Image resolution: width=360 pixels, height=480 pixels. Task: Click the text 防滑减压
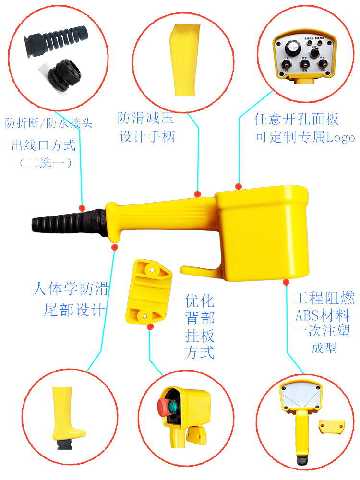click(x=145, y=118)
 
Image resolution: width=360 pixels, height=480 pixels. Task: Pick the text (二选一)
click(x=45, y=163)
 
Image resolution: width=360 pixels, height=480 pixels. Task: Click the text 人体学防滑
click(x=71, y=289)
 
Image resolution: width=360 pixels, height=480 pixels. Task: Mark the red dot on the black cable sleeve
click(x=82, y=208)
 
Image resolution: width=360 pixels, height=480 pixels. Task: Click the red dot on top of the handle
click(x=197, y=194)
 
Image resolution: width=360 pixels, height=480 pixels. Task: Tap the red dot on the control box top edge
click(x=238, y=186)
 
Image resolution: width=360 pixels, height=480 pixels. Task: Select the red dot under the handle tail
click(x=114, y=247)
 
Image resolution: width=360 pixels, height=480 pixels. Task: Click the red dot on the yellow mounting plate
click(x=150, y=327)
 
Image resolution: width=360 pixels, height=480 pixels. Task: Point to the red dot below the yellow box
click(x=286, y=282)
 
